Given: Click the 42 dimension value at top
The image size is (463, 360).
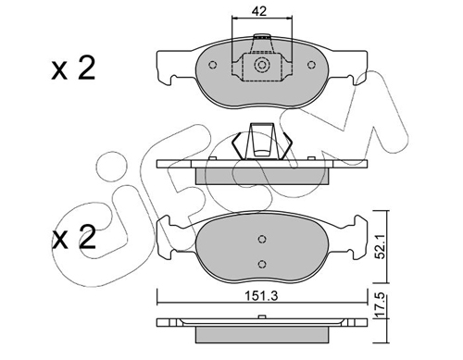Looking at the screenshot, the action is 258,11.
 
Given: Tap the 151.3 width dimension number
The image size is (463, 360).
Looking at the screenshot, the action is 261,296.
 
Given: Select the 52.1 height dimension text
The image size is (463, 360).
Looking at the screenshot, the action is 381,246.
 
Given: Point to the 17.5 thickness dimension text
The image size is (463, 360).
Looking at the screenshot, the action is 381,305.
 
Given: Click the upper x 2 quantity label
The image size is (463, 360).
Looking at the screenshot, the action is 73,68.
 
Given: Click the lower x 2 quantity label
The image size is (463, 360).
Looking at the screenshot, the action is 73,237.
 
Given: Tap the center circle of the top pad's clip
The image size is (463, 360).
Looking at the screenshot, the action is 262,65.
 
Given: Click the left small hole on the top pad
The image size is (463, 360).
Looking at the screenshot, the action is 213,65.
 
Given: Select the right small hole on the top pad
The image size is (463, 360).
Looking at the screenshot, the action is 311,65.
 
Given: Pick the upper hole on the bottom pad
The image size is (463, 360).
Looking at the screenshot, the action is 262,239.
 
